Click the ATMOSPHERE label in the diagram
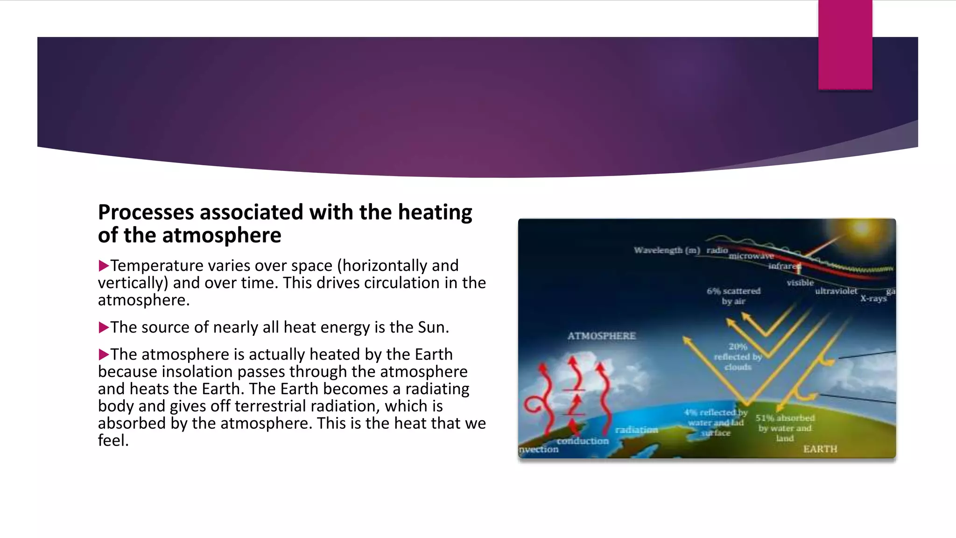(x=601, y=336)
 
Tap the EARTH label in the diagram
(x=820, y=449)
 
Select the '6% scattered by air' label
(x=733, y=296)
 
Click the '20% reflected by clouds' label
(x=738, y=357)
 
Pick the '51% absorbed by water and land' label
(x=785, y=428)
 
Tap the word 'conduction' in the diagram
(x=583, y=441)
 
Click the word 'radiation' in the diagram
(x=636, y=430)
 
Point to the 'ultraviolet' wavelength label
(x=836, y=291)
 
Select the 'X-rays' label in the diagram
(x=873, y=298)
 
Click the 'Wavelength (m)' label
(x=667, y=250)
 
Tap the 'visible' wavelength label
(x=800, y=283)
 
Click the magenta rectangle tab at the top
(x=845, y=45)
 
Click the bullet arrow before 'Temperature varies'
(x=103, y=266)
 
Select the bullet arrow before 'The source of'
(x=103, y=328)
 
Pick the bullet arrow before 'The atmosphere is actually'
(x=103, y=355)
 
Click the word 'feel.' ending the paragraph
(x=113, y=440)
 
